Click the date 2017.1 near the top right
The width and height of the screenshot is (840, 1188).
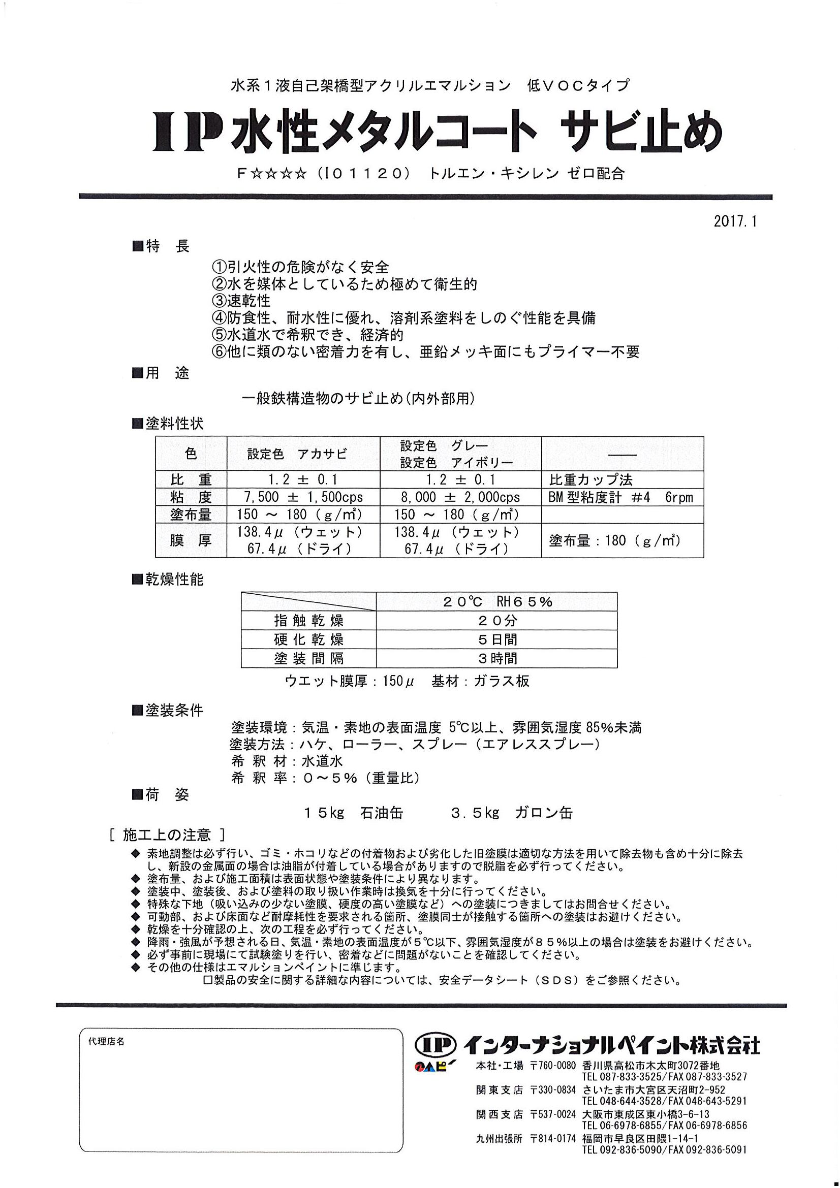click(x=734, y=221)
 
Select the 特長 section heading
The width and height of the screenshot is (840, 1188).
click(x=162, y=247)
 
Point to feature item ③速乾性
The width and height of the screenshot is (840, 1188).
click(x=241, y=301)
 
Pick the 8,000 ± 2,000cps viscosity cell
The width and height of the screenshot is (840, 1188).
click(x=460, y=497)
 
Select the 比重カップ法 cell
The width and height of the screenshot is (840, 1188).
click(x=590, y=479)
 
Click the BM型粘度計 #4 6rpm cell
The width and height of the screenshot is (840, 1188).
click(x=620, y=497)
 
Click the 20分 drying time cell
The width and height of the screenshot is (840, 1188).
click(x=497, y=620)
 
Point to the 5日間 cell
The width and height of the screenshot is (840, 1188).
click(x=497, y=639)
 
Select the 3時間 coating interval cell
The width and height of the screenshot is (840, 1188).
click(x=497, y=659)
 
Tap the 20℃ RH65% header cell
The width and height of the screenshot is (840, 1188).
click(x=497, y=601)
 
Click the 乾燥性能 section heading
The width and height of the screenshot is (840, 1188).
click(x=168, y=580)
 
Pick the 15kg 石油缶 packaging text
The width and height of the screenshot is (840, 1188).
click(x=354, y=813)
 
